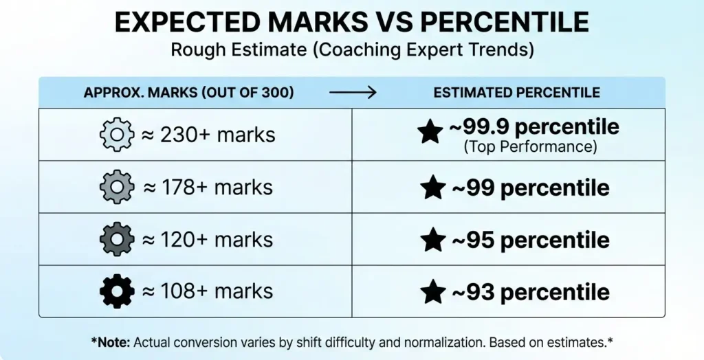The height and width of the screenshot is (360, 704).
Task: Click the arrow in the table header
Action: [x=353, y=93]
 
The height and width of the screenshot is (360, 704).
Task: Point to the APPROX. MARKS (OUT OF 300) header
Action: [x=189, y=93]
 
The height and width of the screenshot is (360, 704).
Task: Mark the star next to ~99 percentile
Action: [x=432, y=188]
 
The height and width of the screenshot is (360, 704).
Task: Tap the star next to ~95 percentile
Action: [x=432, y=240]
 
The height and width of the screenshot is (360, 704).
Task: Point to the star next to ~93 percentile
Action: [x=432, y=292]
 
